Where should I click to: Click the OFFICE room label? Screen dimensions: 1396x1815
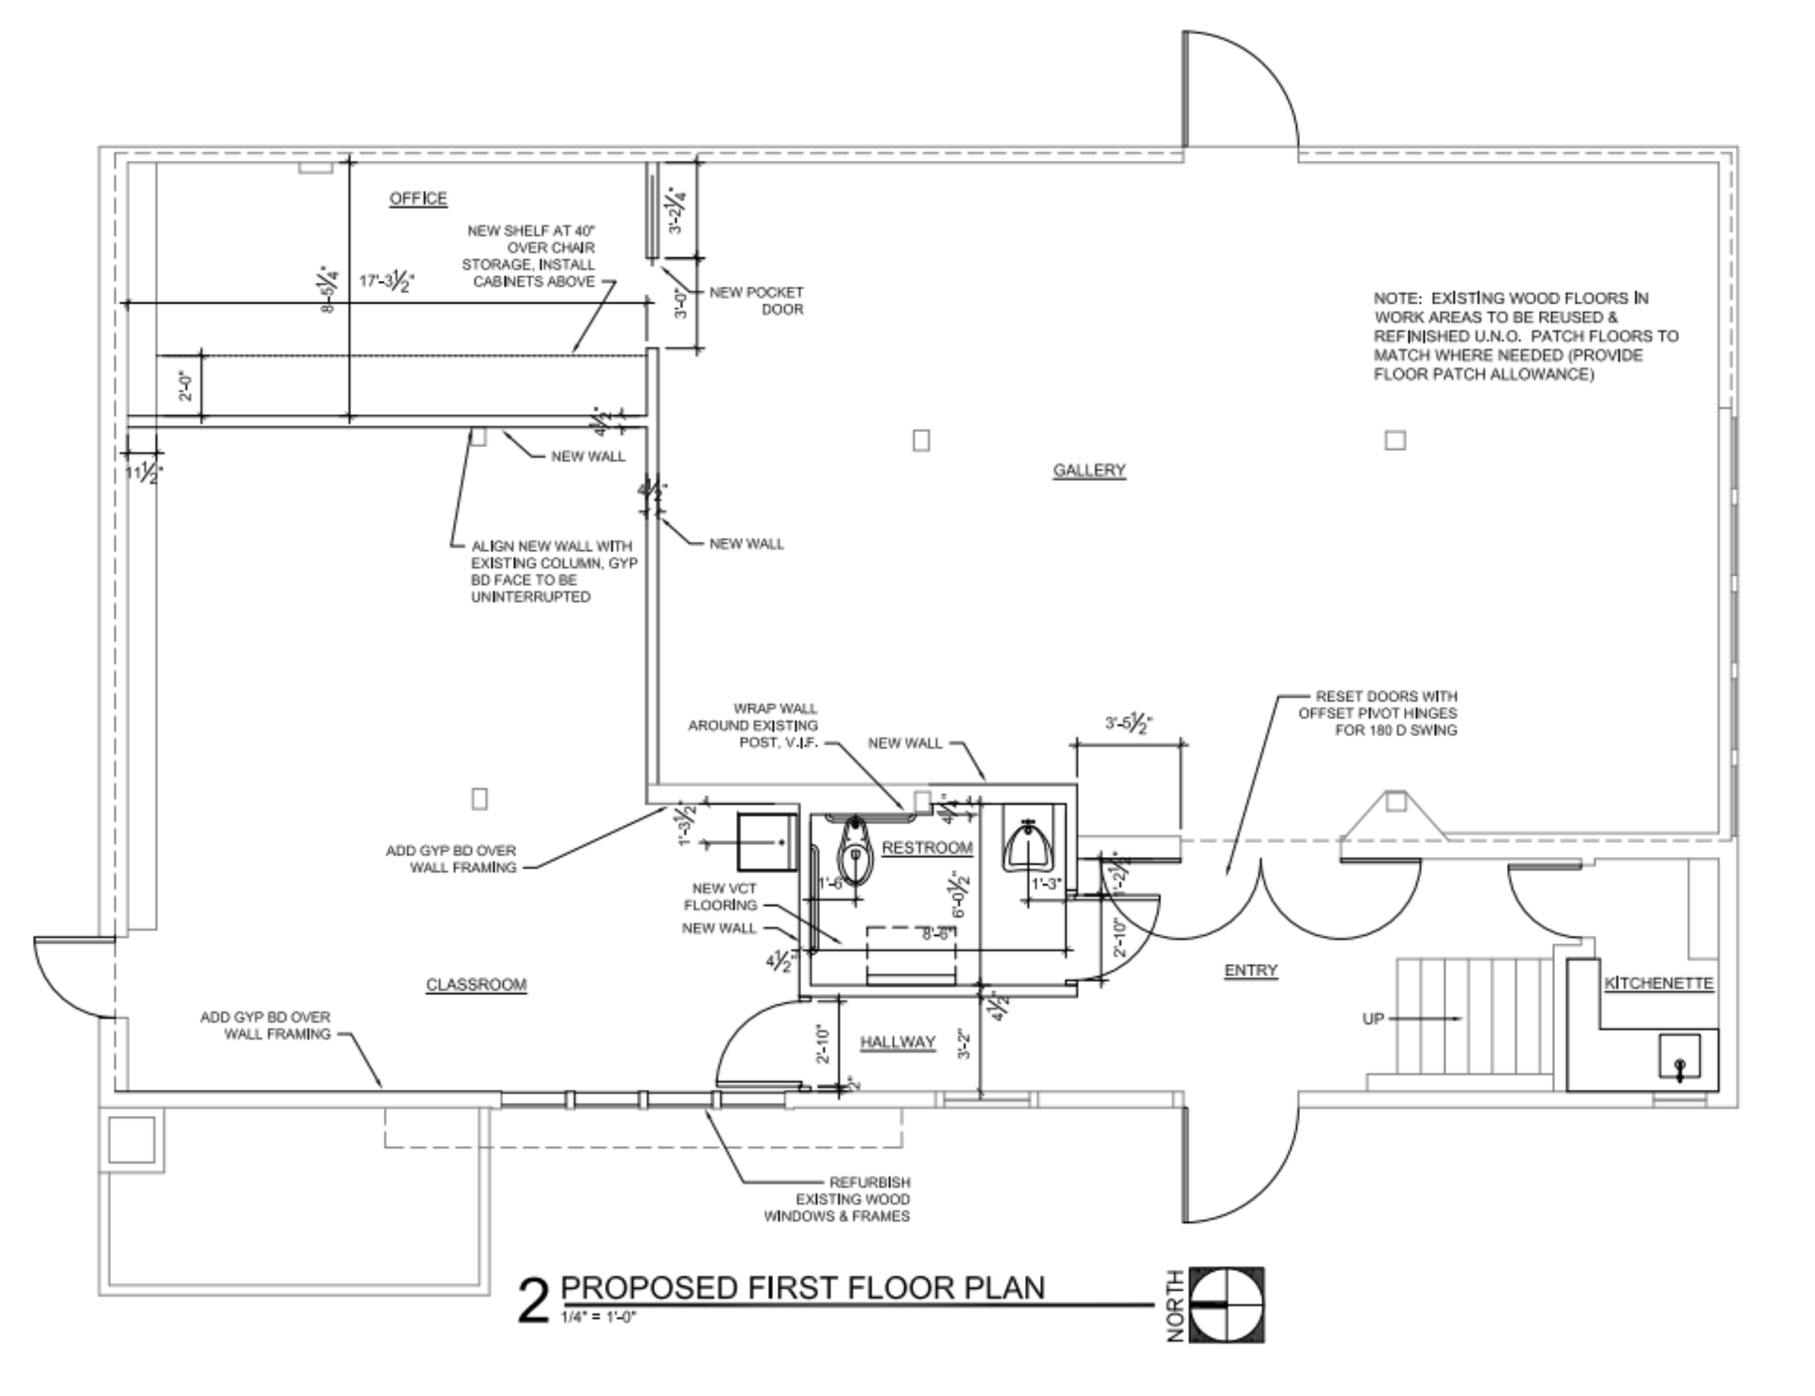418,199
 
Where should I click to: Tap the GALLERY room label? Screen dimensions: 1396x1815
1089,470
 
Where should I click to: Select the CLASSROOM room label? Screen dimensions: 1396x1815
476,985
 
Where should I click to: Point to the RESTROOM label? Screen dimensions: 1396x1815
927,848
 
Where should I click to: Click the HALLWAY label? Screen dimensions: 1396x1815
897,1042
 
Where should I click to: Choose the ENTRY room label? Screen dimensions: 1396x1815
1250,970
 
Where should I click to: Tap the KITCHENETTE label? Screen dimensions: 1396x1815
1658,983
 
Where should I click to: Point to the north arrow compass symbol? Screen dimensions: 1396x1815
1227,1304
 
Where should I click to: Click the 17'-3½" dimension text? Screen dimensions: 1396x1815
387,282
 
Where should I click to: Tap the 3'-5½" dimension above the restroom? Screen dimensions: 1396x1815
1126,724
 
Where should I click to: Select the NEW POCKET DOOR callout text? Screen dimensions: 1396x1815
756,301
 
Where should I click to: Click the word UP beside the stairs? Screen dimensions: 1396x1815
1372,1019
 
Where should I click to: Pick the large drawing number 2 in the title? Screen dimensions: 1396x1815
533,1302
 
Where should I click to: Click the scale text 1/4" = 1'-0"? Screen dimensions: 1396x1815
597,1318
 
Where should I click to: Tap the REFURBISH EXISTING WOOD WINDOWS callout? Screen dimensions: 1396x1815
837,1198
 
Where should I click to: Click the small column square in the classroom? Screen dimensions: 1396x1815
479,798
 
